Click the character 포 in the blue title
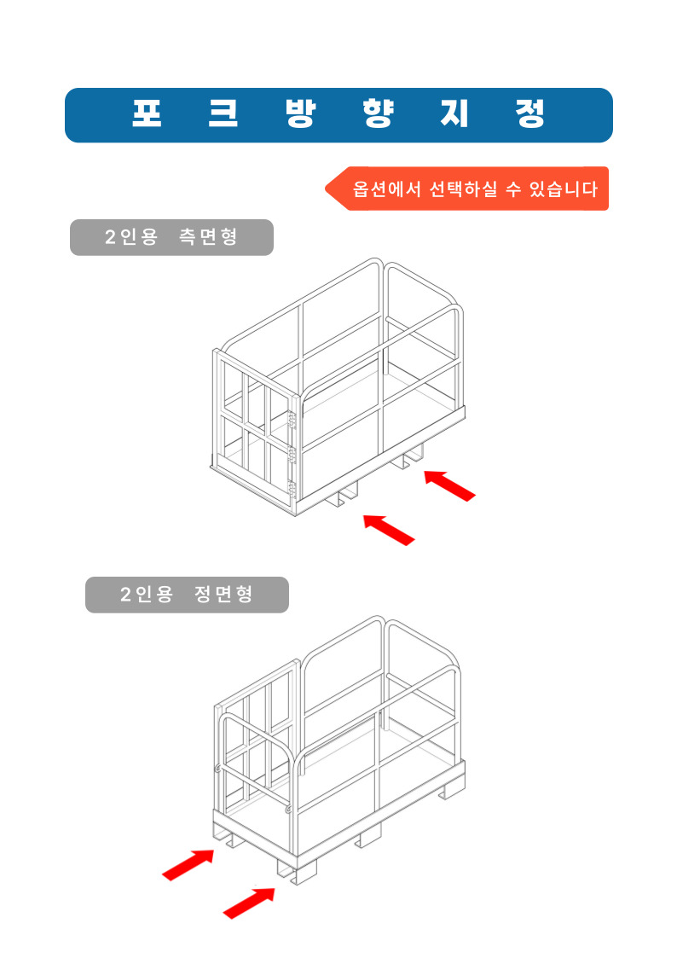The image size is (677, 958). click(148, 113)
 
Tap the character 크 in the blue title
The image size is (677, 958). click(223, 113)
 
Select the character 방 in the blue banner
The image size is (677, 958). click(300, 113)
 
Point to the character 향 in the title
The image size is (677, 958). click(377, 113)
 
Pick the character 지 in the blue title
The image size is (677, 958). click(454, 113)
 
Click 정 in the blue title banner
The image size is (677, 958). click(529, 113)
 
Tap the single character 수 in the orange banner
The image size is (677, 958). click(513, 189)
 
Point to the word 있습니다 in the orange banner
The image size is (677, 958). click(563, 189)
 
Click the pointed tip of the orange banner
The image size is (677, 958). click(326, 189)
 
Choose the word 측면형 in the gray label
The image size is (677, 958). click(208, 236)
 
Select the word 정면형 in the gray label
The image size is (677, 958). click(223, 594)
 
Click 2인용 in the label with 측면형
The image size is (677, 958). click(131, 236)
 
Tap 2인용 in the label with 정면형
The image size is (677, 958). click(147, 594)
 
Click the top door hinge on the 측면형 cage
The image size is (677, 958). click(292, 420)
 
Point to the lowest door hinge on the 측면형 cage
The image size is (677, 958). click(292, 490)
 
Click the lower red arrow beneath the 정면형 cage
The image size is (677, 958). click(249, 903)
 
